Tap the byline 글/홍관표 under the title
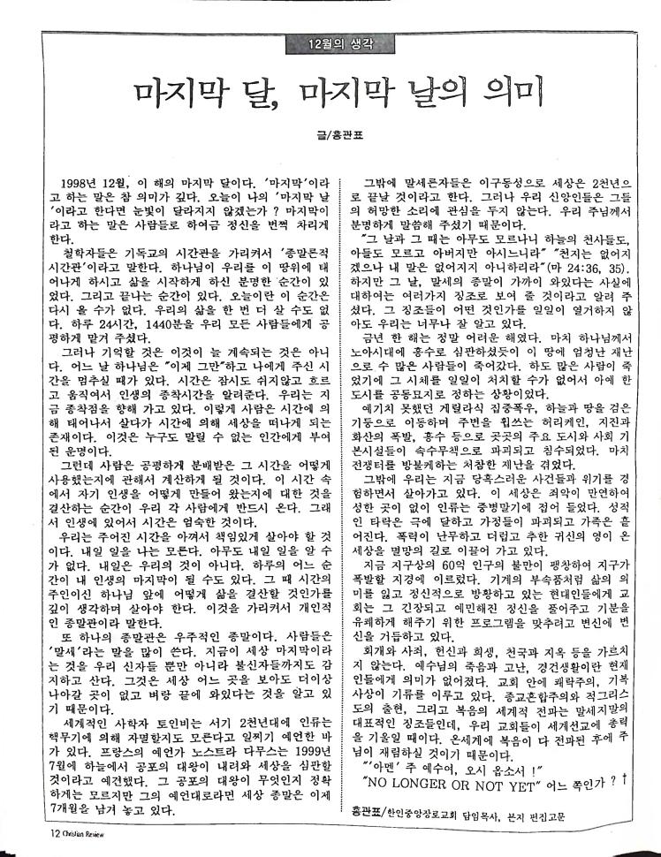coord(330,135)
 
